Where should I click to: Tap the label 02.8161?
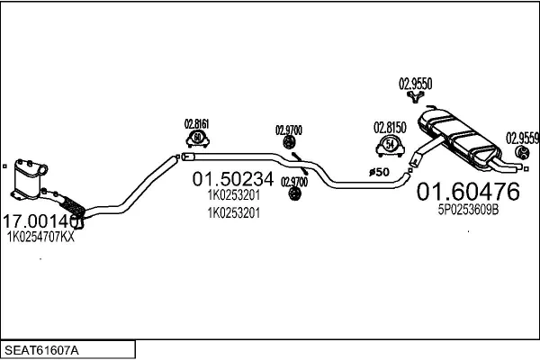[x=197, y=125]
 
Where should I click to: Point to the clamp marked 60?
[x=197, y=139]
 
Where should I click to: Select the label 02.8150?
[x=390, y=128]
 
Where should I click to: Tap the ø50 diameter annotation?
[x=378, y=171]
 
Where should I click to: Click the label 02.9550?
[x=416, y=84]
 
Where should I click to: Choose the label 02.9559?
[x=522, y=138]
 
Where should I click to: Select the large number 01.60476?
[x=467, y=192]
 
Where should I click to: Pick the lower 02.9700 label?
[x=293, y=181]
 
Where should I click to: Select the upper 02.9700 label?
[x=289, y=130]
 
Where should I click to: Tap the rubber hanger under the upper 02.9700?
[x=290, y=142]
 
